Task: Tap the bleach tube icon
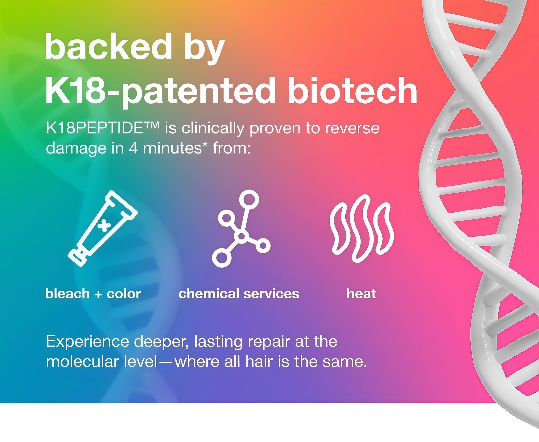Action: pyautogui.click(x=103, y=228)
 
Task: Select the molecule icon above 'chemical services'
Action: pyautogui.click(x=241, y=228)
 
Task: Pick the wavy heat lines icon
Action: pyautogui.click(x=362, y=228)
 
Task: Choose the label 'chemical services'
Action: pyautogui.click(x=239, y=294)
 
